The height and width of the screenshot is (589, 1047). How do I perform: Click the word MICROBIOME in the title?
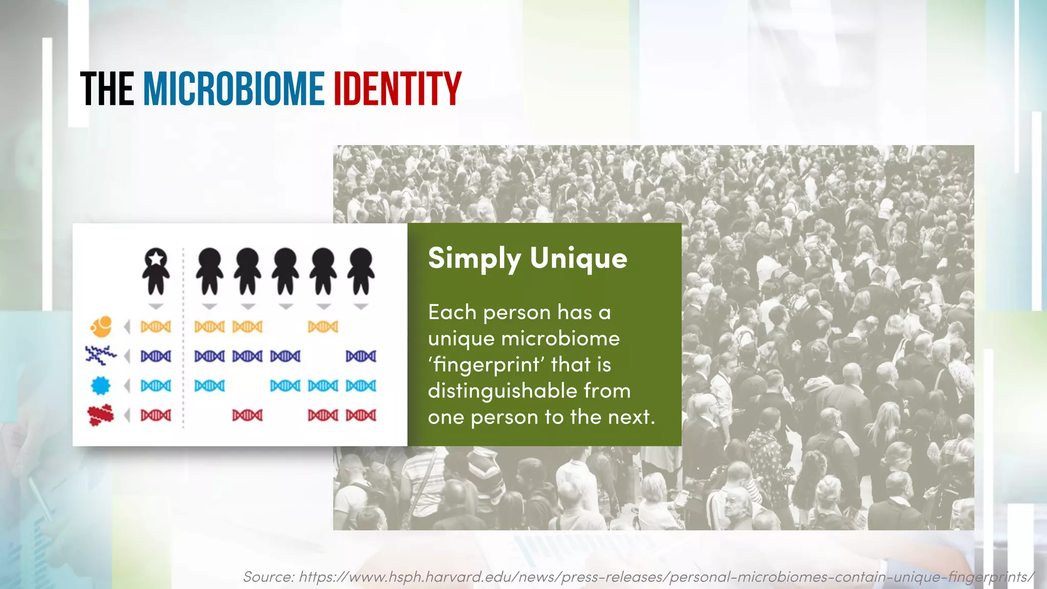pos(233,89)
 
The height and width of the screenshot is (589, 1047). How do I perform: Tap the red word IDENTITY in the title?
pos(397,89)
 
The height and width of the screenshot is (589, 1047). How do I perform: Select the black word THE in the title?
pos(107,89)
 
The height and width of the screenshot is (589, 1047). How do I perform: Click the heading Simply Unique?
pos(527,258)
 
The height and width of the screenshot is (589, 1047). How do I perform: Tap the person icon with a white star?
pos(156,271)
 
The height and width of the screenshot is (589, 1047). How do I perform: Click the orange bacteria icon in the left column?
pos(101,326)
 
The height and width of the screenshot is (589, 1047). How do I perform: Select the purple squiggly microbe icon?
pos(101,355)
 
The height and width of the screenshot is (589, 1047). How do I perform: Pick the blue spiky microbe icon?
pos(101,385)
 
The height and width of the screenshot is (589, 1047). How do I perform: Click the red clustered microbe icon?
pos(101,415)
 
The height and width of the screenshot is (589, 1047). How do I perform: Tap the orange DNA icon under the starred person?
pos(156,326)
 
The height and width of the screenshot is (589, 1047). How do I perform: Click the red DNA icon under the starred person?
pos(156,415)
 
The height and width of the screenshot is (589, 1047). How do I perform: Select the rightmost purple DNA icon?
pos(361,356)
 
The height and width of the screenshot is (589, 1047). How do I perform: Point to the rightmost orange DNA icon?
pos(323,326)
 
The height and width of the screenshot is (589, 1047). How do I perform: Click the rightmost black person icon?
pos(361,271)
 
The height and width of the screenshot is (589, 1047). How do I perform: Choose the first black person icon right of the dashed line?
pos(210,271)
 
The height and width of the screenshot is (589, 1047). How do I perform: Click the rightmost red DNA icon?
pos(361,415)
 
